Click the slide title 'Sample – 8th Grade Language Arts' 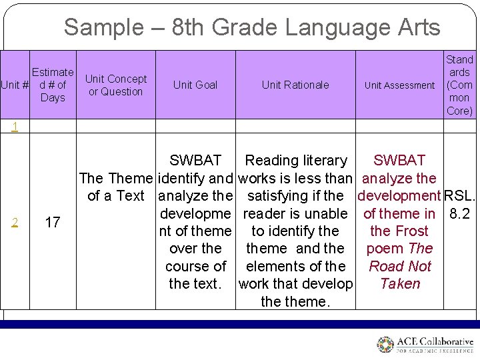pyautogui.click(x=252, y=27)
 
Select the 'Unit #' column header pyautogui.click(x=15, y=85)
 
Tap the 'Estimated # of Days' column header pyautogui.click(x=53, y=85)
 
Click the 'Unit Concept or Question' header pyautogui.click(x=116, y=85)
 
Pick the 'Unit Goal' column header pyautogui.click(x=195, y=85)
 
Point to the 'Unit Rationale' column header pyautogui.click(x=295, y=85)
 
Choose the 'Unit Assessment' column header pyautogui.click(x=399, y=85)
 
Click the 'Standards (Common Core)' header pyautogui.click(x=459, y=85)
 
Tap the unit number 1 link pyautogui.click(x=15, y=127)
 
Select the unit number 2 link pyautogui.click(x=15, y=222)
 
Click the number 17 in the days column pyautogui.click(x=53, y=222)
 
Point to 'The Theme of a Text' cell pyautogui.click(x=116, y=187)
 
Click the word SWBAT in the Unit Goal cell pyautogui.click(x=195, y=161)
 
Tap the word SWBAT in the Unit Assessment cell pyautogui.click(x=399, y=161)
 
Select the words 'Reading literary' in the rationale pyautogui.click(x=296, y=161)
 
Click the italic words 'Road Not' pyautogui.click(x=400, y=266)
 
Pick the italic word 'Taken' pyautogui.click(x=400, y=283)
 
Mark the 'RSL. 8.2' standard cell pyautogui.click(x=460, y=205)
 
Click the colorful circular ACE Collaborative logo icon pyautogui.click(x=385, y=345)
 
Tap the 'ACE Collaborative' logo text pyautogui.click(x=434, y=341)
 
